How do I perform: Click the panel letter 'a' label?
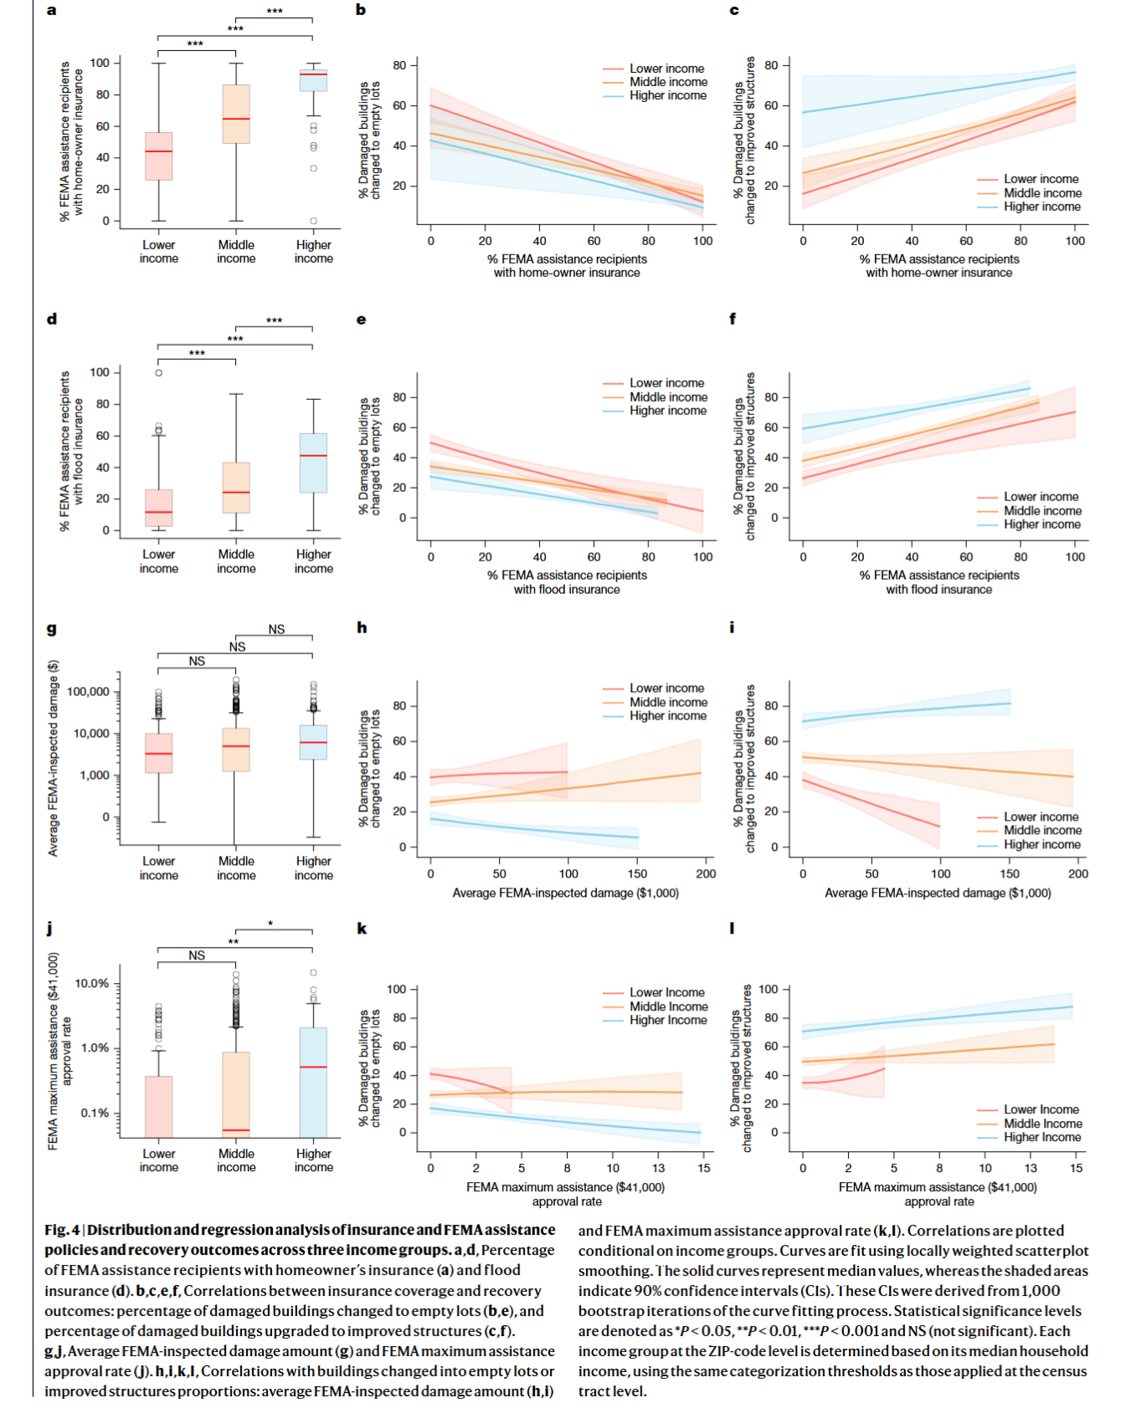pyautogui.click(x=52, y=10)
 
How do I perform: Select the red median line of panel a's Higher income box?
pyautogui.click(x=313, y=74)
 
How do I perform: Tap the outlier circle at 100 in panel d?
pyautogui.click(x=159, y=373)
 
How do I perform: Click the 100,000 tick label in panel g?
pyautogui.click(x=88, y=692)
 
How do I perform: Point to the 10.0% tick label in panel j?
pyautogui.click(x=92, y=984)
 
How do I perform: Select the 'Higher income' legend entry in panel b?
pyautogui.click(x=667, y=96)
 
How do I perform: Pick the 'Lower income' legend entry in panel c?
pyautogui.click(x=1041, y=179)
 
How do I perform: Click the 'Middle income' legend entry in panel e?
pyautogui.click(x=668, y=397)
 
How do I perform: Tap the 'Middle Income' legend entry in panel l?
pyautogui.click(x=1042, y=1124)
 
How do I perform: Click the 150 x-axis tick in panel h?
pyautogui.click(x=637, y=874)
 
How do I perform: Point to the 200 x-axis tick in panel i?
pyautogui.click(x=1078, y=874)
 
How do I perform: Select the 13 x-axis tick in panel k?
pyautogui.click(x=659, y=1169)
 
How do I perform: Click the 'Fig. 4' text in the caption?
pyautogui.click(x=63, y=1231)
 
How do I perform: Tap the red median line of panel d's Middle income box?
pyautogui.click(x=236, y=492)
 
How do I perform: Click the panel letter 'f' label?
pyautogui.click(x=733, y=319)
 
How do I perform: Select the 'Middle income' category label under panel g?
pyautogui.click(x=236, y=868)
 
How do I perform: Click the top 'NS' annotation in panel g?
pyautogui.click(x=276, y=630)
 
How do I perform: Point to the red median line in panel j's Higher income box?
pyautogui.click(x=313, y=1067)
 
